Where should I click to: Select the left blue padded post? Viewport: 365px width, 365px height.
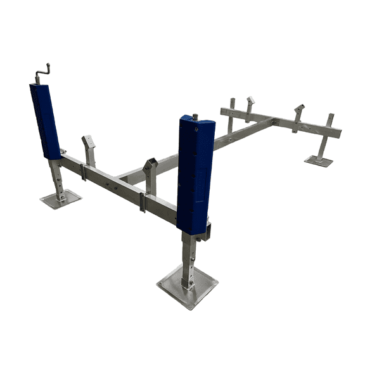tap(45, 121)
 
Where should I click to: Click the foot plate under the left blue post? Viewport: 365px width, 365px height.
tap(61, 199)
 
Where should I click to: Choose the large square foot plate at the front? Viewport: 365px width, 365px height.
tap(188, 286)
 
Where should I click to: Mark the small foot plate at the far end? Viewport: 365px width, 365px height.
tap(318, 161)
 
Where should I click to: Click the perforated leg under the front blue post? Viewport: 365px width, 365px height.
tap(188, 257)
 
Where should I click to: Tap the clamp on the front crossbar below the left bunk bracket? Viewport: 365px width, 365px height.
tap(84, 171)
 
